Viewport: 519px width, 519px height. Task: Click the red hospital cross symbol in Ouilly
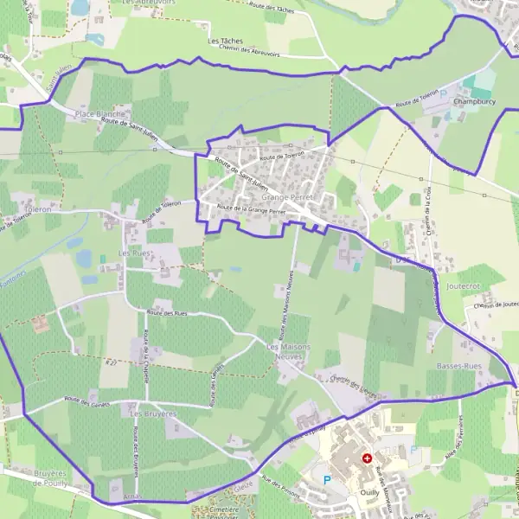367,458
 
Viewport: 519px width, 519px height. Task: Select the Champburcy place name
475,101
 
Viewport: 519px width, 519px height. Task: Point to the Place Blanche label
100,113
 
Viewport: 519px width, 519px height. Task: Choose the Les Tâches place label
225,41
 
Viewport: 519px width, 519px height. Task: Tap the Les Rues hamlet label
134,253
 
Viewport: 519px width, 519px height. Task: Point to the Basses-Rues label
458,366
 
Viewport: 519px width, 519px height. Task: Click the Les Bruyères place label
152,414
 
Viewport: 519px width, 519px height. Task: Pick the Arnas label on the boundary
132,497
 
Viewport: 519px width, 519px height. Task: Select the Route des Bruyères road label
136,450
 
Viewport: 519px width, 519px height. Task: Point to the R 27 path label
110,363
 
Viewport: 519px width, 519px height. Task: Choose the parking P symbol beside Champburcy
444,93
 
